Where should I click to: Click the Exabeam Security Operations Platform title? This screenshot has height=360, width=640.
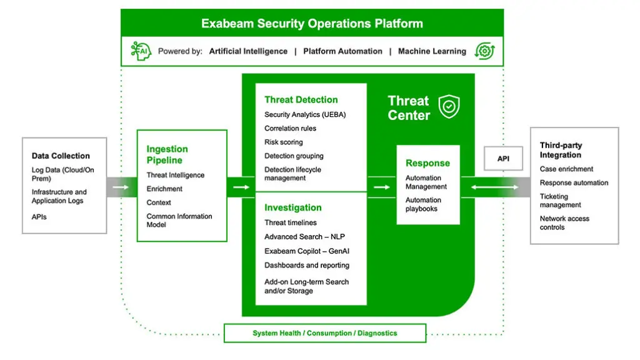(312, 24)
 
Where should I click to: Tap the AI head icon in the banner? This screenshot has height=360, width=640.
(141, 51)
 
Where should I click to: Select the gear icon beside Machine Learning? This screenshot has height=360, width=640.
(484, 51)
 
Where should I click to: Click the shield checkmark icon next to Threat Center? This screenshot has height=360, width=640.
(449, 107)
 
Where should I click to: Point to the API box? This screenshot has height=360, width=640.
(503, 159)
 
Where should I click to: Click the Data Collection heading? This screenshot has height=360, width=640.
(61, 156)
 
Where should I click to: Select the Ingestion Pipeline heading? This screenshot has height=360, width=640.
(167, 154)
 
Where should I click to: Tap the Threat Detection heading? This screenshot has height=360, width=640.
(301, 99)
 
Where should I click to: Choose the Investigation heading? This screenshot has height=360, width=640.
(292, 207)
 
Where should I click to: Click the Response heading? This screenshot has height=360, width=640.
(427, 163)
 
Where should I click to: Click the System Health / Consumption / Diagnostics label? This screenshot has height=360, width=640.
(324, 333)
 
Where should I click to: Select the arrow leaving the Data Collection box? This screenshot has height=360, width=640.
(121, 187)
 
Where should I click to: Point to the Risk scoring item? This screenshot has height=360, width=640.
(283, 142)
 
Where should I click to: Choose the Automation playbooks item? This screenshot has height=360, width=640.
(423, 204)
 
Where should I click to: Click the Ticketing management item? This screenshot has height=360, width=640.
(560, 201)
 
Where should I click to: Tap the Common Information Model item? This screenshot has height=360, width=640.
(179, 220)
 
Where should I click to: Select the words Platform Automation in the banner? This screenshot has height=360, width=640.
(342, 51)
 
